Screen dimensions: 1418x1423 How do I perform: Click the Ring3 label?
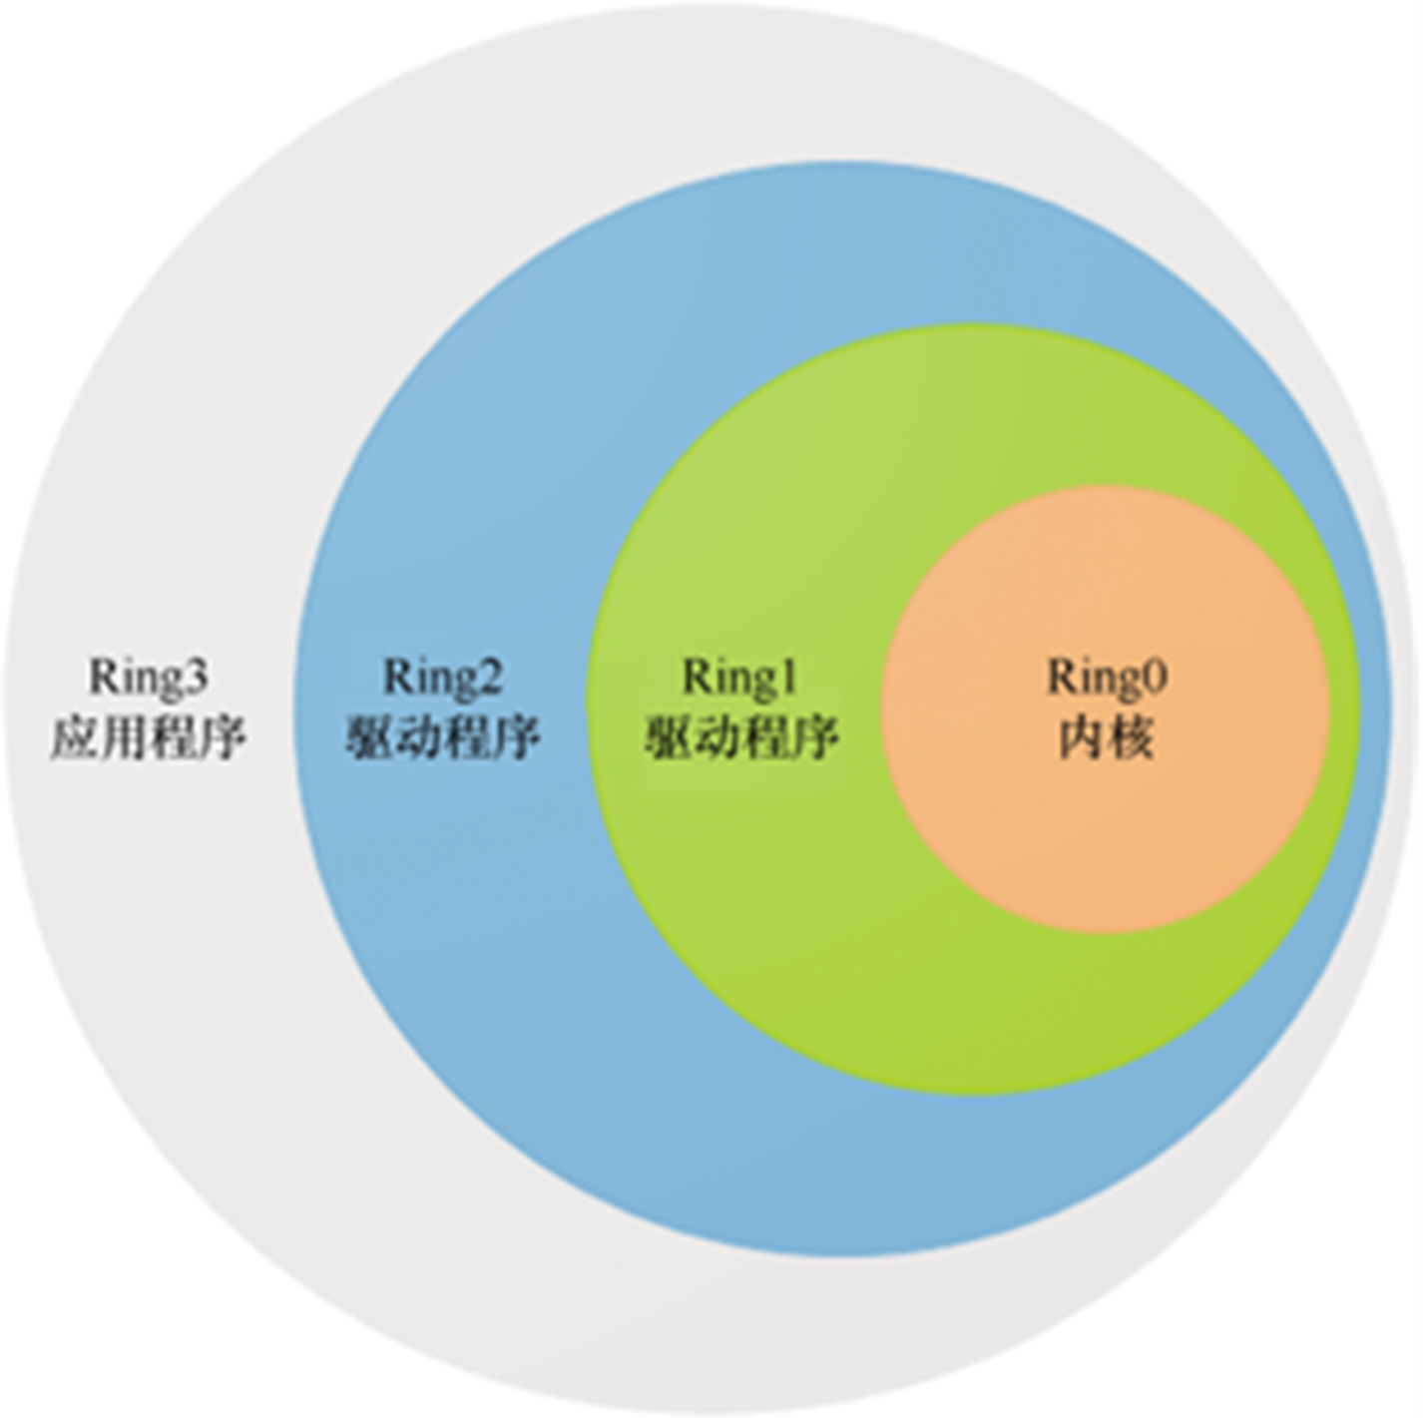(x=149, y=678)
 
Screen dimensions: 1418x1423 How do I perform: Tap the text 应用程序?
(x=149, y=739)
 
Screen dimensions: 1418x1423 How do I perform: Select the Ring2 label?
(x=443, y=678)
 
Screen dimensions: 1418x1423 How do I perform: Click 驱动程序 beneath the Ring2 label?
(x=443, y=739)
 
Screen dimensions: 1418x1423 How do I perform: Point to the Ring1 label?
(x=739, y=678)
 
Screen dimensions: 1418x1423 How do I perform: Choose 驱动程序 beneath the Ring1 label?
(x=741, y=739)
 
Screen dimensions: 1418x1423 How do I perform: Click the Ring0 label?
(x=1107, y=678)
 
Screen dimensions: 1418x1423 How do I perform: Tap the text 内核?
(x=1107, y=738)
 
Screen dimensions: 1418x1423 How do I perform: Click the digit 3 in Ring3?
(x=197, y=679)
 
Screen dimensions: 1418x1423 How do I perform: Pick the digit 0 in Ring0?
(x=1155, y=679)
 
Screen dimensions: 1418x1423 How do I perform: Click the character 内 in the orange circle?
(x=1082, y=738)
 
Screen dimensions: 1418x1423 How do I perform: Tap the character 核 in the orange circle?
(x=1132, y=738)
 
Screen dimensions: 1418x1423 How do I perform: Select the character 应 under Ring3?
(x=75, y=739)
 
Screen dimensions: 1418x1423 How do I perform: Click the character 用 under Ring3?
(x=124, y=739)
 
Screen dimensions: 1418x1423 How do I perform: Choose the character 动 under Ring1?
(x=716, y=739)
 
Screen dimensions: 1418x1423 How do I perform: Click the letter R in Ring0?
(x=1060, y=678)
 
